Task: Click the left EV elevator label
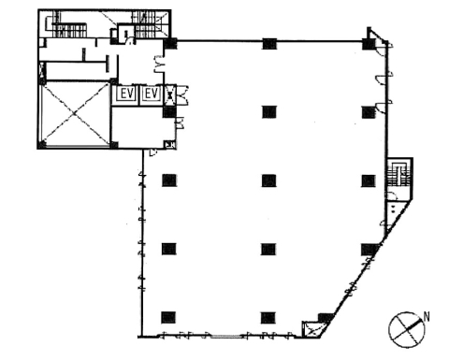click(127, 94)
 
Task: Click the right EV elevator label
click(152, 94)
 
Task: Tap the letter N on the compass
click(427, 317)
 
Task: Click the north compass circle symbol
click(406, 330)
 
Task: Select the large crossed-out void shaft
click(75, 114)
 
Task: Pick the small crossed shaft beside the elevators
click(170, 94)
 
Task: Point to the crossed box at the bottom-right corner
click(312, 329)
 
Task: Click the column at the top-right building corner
click(369, 44)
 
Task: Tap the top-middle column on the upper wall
click(269, 44)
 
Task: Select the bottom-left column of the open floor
click(168, 318)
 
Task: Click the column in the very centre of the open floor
click(268, 180)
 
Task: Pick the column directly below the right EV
click(169, 112)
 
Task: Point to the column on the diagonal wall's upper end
click(369, 250)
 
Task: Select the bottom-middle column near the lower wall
click(268, 318)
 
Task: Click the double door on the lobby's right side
click(159, 65)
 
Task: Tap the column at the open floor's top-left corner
click(170, 44)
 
